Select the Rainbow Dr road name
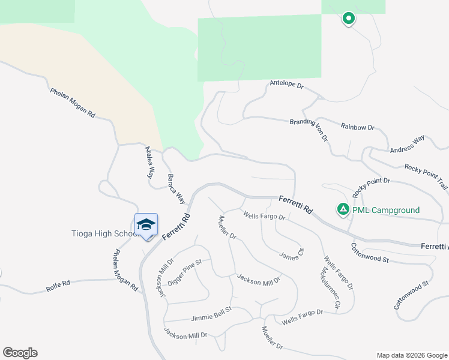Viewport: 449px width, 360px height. point(357,127)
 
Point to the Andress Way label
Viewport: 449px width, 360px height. point(407,144)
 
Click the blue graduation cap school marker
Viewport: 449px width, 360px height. point(146,225)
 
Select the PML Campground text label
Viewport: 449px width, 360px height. point(386,210)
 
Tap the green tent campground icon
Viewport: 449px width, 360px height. point(342,209)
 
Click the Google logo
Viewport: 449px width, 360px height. point(20,353)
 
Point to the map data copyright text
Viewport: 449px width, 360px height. point(411,355)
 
